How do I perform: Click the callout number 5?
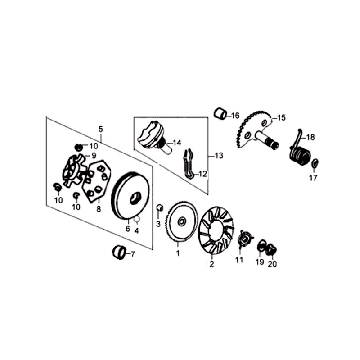point(100,130)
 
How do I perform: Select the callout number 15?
point(281,117)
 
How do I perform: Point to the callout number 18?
point(310,137)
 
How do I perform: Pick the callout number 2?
point(211,266)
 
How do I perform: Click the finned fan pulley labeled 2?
point(212,227)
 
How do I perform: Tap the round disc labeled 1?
point(179,222)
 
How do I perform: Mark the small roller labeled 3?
point(157,207)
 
